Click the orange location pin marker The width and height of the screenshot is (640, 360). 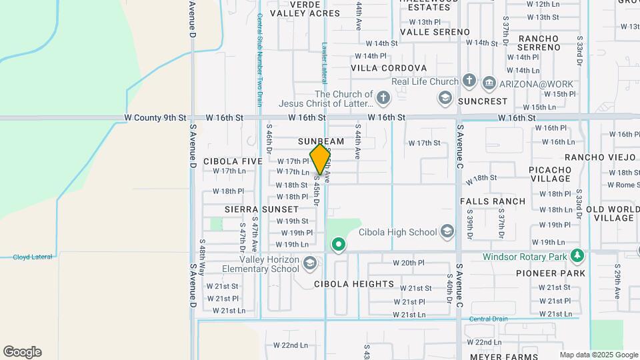[321, 158]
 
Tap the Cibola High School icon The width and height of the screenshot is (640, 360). [447, 232]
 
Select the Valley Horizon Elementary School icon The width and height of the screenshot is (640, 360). [309, 263]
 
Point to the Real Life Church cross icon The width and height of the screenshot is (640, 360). [469, 82]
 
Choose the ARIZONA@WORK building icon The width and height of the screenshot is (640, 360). [489, 82]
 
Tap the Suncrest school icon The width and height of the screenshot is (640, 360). [445, 99]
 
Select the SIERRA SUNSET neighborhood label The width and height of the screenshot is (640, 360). [261, 209]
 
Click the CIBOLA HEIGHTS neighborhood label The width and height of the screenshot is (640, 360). [354, 284]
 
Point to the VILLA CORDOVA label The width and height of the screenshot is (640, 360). [389, 68]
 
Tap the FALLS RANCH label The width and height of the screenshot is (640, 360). [493, 201]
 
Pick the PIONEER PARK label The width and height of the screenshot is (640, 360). [551, 273]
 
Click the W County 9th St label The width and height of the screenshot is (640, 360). [155, 117]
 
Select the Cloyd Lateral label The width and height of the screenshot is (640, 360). [33, 257]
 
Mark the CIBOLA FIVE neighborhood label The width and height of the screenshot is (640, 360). [233, 161]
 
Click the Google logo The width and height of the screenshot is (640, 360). [22, 352]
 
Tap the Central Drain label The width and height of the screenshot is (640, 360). [489, 319]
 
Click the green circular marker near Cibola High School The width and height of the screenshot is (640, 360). [339, 245]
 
